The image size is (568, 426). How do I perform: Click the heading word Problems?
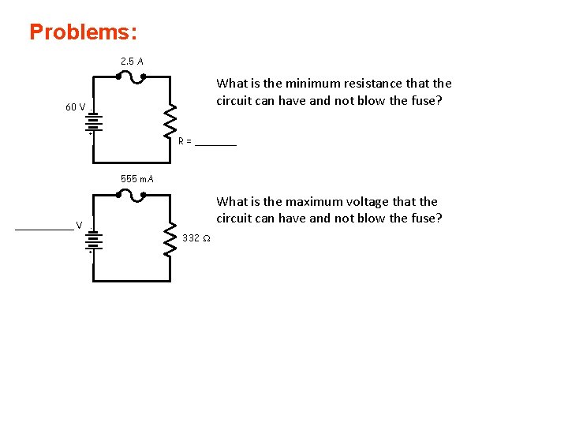(83, 32)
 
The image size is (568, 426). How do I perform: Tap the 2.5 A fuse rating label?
(132, 61)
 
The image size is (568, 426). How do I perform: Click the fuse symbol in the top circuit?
(131, 77)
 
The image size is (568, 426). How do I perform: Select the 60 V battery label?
(76, 107)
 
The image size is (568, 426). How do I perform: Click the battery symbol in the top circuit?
(92, 121)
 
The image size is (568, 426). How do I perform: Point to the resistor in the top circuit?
(170, 121)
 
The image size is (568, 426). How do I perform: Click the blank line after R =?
(215, 144)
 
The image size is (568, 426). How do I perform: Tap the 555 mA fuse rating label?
(137, 178)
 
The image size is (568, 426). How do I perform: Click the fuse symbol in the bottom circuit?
(131, 195)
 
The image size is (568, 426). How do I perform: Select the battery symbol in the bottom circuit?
(92, 239)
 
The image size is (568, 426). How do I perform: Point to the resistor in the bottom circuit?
(170, 239)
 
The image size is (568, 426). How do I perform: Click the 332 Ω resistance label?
(196, 238)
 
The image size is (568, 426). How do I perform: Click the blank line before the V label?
(44, 228)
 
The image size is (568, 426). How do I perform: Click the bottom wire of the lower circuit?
(131, 281)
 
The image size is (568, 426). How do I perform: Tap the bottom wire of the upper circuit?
(131, 163)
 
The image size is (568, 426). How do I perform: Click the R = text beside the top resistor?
(185, 141)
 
